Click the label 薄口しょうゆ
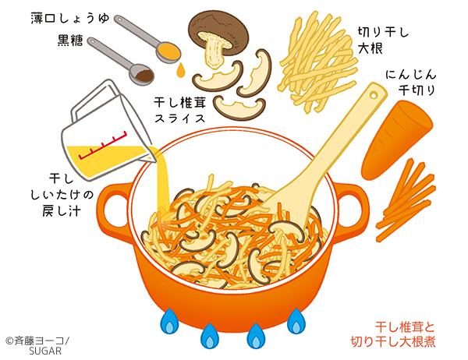(70, 19)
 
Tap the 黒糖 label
(70, 41)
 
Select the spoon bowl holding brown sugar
(141, 75)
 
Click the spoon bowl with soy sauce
(169, 52)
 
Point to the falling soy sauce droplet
(181, 71)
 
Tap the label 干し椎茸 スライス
(180, 110)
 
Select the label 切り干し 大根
(383, 40)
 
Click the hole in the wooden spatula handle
(373, 95)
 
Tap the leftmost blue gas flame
(170, 322)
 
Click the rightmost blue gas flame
(296, 322)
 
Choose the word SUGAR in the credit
(45, 351)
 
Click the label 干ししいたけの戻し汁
(62, 195)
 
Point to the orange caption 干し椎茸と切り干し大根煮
(393, 334)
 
